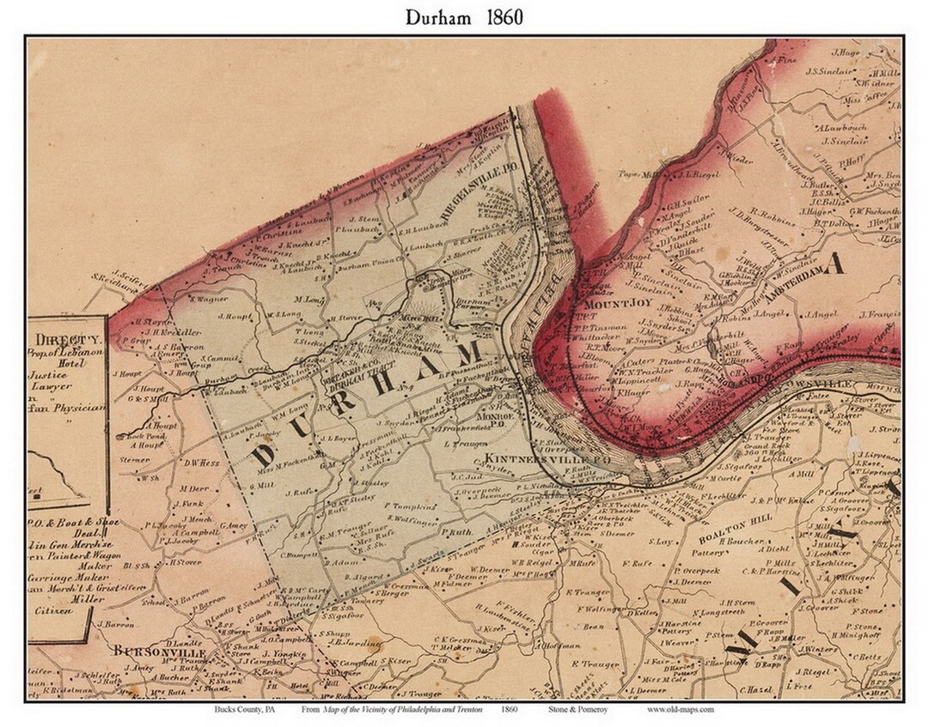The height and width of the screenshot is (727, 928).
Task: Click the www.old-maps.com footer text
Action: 680,709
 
